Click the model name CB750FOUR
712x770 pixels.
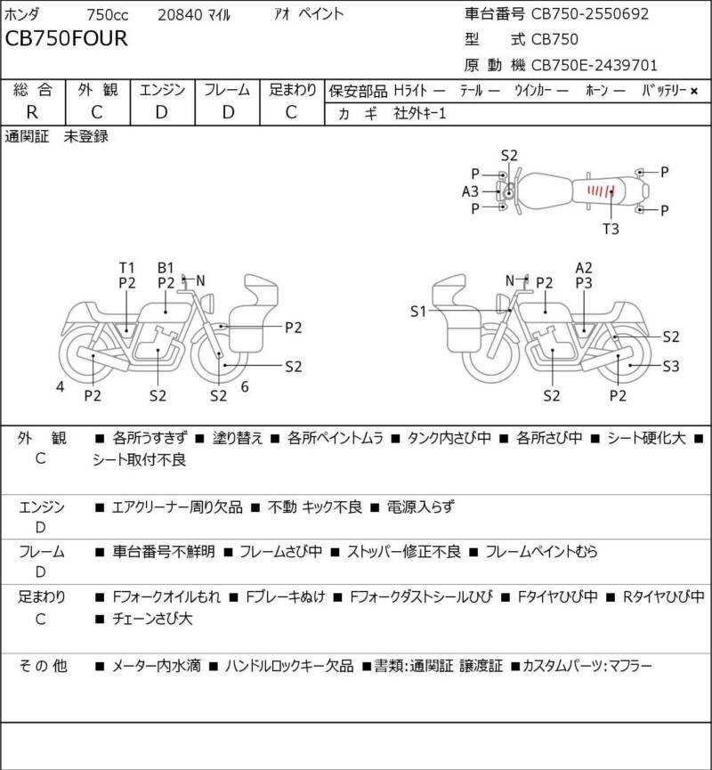click(66, 38)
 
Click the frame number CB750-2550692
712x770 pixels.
click(590, 13)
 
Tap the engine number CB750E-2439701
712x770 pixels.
click(595, 65)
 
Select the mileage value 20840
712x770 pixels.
click(180, 15)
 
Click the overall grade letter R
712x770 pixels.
click(32, 112)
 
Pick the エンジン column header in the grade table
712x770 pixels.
click(163, 90)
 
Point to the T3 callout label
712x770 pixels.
click(611, 229)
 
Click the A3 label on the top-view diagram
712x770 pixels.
click(470, 191)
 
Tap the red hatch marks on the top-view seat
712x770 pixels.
click(601, 190)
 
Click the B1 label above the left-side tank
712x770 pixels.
click(166, 268)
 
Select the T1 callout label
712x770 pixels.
click(126, 268)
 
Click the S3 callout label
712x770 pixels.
click(671, 367)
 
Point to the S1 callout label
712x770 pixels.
click(418, 312)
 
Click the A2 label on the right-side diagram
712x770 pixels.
click(584, 268)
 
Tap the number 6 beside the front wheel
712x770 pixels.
click(245, 387)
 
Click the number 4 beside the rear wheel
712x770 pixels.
click(60, 387)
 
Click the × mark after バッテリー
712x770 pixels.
click(694, 91)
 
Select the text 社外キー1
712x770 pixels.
click(420, 113)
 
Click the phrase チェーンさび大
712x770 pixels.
click(152, 619)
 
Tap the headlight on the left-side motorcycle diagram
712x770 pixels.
click(207, 303)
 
